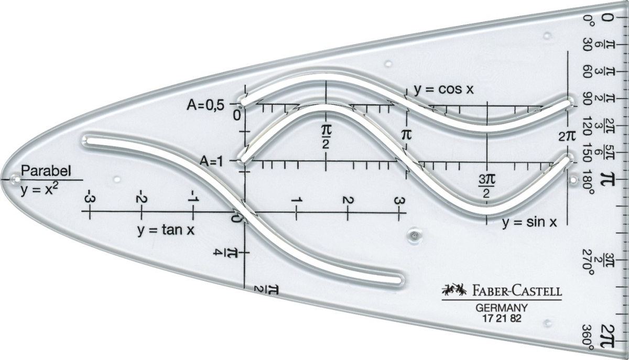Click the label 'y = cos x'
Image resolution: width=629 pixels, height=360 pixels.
tap(443, 90)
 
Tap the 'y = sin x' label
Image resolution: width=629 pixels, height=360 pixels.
tap(529, 222)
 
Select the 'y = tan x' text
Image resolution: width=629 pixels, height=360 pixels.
tap(166, 230)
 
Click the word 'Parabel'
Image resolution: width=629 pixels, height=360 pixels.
tap(46, 171)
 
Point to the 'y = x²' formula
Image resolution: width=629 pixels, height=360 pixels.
tap(39, 190)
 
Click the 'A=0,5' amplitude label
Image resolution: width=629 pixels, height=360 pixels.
tap(206, 105)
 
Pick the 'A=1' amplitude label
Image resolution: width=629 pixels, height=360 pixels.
tap(211, 161)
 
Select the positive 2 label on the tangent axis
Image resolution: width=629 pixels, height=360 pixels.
tap(348, 200)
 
